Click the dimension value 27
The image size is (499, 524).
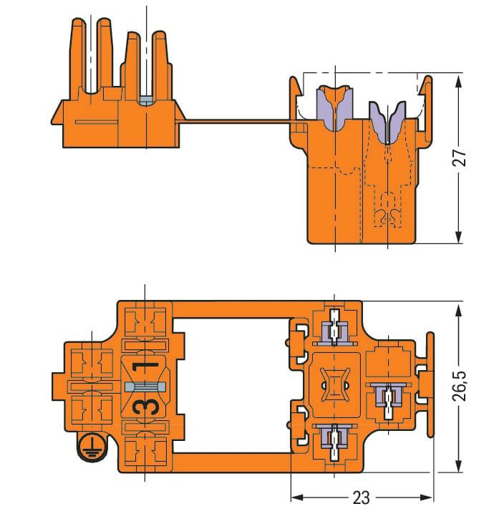(x=462, y=157)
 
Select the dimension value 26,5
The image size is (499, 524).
(x=463, y=387)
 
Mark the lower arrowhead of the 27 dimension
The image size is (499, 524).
(x=459, y=238)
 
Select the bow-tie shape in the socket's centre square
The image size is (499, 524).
(x=334, y=386)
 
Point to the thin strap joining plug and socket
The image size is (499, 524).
(x=236, y=120)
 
